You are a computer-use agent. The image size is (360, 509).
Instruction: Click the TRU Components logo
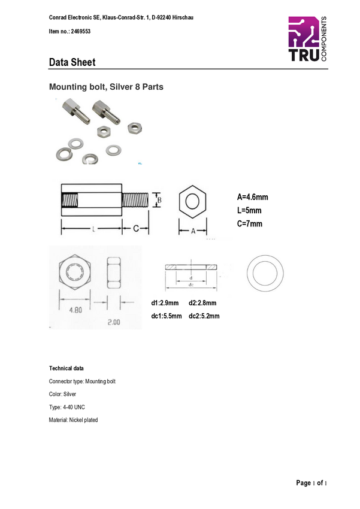click(x=308, y=39)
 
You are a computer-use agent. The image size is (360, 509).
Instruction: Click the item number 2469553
click(x=80, y=32)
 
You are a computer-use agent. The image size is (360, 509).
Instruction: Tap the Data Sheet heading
click(x=72, y=62)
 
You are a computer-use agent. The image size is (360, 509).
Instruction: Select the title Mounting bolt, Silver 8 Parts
click(x=106, y=87)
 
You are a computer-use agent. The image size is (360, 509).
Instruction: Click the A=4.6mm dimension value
click(x=253, y=197)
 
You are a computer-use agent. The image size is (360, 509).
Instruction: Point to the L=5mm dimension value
click(x=249, y=210)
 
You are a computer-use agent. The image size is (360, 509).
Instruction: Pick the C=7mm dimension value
click(x=250, y=224)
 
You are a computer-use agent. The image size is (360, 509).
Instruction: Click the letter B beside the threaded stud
click(x=159, y=200)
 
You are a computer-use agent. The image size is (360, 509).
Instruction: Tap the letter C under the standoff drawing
click(x=136, y=229)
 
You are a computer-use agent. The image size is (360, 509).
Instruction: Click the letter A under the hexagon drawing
click(x=193, y=231)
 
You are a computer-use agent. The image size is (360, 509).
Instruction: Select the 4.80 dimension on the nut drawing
click(x=75, y=310)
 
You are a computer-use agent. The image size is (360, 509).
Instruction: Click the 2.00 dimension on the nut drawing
click(x=114, y=322)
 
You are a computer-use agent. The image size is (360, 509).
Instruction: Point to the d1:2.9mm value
click(x=165, y=303)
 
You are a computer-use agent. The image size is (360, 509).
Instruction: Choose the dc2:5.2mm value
click(x=204, y=316)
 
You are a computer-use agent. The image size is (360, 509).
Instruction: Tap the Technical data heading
click(x=66, y=368)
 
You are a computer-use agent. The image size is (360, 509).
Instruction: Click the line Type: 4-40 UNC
click(x=67, y=407)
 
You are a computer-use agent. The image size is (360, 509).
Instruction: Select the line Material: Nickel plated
click(x=73, y=420)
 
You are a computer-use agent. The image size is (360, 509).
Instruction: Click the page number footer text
click(x=311, y=483)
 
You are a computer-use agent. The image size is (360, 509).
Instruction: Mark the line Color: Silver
click(x=62, y=394)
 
